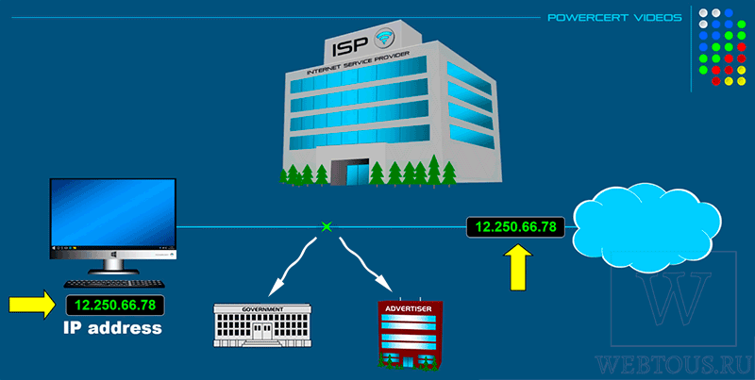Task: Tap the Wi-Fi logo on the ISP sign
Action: pyautogui.click(x=385, y=38)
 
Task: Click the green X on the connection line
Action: pyautogui.click(x=327, y=226)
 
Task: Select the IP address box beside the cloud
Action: pyautogui.click(x=515, y=226)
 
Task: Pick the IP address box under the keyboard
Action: pyautogui.click(x=115, y=305)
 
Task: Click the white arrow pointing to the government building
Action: pyautogui.click(x=293, y=268)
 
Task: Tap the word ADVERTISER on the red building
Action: pyautogui.click(x=411, y=308)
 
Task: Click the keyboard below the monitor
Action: pyautogui.click(x=114, y=284)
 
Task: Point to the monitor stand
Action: pyautogui.click(x=113, y=266)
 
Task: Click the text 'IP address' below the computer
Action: pyautogui.click(x=112, y=328)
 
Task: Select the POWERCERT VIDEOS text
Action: pyautogui.click(x=615, y=18)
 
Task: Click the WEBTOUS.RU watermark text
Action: pyautogui.click(x=673, y=366)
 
